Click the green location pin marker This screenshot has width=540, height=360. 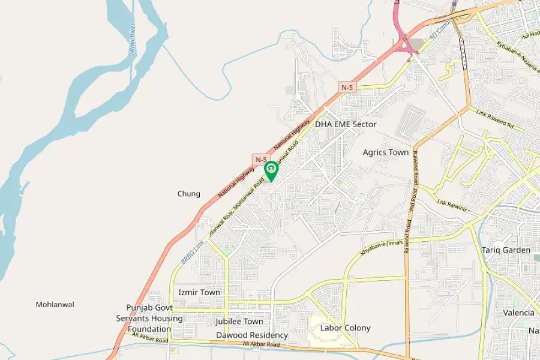tap(271, 170)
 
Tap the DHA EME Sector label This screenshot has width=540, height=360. tap(346, 124)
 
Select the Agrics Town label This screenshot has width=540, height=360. tap(386, 152)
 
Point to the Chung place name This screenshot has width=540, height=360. tap(189, 194)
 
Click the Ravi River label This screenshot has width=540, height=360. tap(132, 37)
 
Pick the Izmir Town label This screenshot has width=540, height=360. tap(199, 292)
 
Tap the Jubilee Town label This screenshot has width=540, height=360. tap(239, 322)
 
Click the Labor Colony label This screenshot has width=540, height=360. tap(345, 328)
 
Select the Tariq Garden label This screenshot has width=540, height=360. tap(507, 250)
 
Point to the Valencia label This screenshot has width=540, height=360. tap(518, 313)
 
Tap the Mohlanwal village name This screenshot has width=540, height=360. tap(55, 304)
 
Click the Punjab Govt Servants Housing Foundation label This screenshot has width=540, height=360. tap(145, 318)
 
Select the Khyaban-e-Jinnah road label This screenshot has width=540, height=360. tap(381, 247)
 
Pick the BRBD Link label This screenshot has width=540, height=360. tap(191, 252)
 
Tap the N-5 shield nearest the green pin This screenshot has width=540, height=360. tap(260, 159)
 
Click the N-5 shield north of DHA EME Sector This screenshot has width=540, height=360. tap(347, 88)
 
